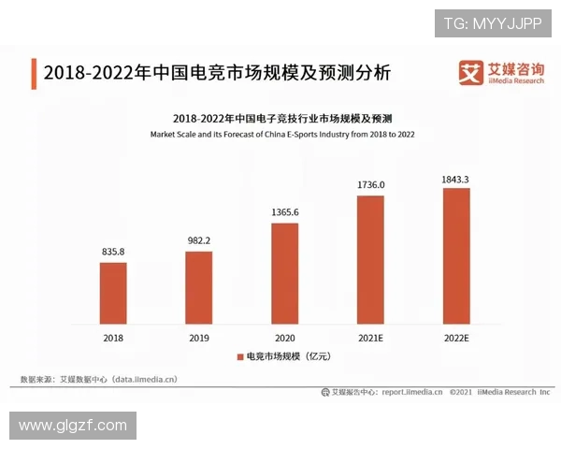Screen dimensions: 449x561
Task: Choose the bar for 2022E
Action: (x=455, y=255)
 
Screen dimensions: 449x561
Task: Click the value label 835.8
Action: (x=113, y=252)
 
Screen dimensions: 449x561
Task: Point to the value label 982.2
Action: (x=198, y=240)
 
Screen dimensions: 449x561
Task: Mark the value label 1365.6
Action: (x=284, y=212)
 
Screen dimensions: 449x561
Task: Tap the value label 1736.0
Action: (x=370, y=184)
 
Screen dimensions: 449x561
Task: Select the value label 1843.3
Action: (x=455, y=178)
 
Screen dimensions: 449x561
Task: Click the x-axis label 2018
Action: (x=113, y=337)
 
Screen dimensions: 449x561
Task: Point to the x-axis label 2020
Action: (x=284, y=337)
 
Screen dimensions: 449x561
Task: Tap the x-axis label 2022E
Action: (x=455, y=337)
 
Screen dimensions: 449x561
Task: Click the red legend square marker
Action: (x=239, y=357)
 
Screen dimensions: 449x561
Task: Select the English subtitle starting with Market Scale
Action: (x=282, y=135)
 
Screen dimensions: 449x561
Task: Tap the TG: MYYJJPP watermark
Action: (x=493, y=22)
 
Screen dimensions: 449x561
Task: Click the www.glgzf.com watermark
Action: (x=73, y=426)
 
